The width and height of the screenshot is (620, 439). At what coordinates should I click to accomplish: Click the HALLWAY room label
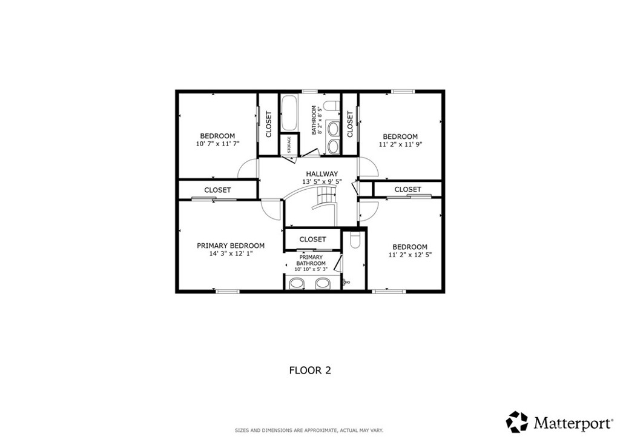click(322, 174)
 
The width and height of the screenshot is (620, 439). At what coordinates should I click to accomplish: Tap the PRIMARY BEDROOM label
click(231, 246)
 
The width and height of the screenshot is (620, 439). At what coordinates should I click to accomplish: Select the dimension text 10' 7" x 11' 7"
click(217, 144)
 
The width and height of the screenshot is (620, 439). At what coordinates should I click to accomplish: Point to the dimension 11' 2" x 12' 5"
click(410, 255)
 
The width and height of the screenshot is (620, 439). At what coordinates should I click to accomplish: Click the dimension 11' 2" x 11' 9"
click(400, 144)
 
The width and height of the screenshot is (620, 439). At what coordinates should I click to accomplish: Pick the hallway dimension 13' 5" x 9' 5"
click(322, 182)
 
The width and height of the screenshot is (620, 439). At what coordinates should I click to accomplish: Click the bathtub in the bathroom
click(289, 113)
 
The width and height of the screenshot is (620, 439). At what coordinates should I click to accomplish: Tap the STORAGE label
click(289, 145)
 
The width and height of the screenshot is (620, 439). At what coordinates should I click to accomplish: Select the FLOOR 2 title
click(310, 370)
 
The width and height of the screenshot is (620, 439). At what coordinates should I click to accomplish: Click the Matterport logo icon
click(517, 422)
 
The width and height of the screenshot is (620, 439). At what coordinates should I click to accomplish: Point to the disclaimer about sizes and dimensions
click(309, 431)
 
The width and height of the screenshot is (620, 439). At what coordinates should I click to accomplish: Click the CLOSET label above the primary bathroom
click(312, 240)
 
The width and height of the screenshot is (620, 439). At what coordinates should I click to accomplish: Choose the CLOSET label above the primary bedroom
click(217, 190)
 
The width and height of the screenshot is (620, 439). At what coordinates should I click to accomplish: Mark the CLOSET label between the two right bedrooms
click(407, 190)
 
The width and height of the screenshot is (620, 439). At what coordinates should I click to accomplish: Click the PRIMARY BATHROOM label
click(311, 261)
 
